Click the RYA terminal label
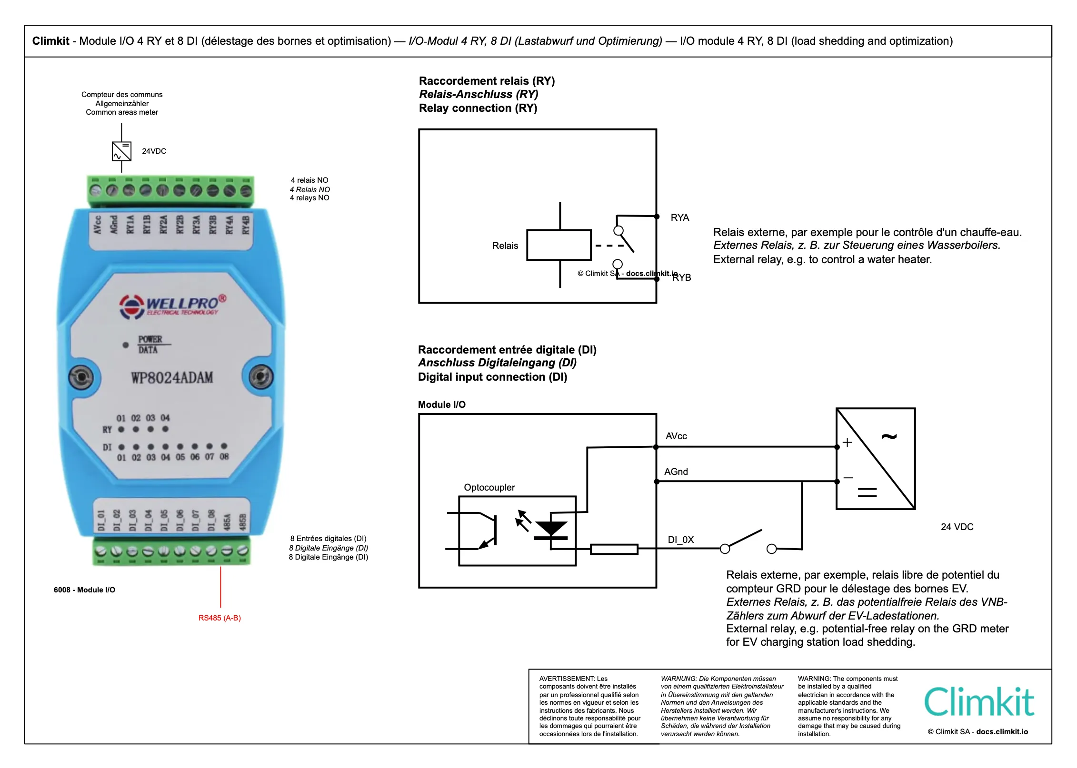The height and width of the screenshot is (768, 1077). click(679, 217)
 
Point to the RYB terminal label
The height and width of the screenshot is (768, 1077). click(682, 277)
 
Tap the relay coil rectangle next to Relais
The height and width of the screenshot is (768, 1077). click(559, 245)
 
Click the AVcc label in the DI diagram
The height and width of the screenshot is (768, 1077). click(676, 436)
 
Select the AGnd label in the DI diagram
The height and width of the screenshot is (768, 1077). click(676, 472)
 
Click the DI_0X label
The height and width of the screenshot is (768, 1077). click(681, 540)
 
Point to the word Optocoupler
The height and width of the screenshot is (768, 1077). click(489, 487)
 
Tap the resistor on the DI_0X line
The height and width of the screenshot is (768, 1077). click(614, 549)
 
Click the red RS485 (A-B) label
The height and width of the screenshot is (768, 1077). click(219, 618)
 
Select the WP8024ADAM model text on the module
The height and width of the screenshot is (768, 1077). click(172, 378)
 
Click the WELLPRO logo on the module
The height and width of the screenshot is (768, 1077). click(172, 305)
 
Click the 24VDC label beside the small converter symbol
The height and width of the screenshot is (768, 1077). click(154, 151)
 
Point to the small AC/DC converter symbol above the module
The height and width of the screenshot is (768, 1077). click(121, 151)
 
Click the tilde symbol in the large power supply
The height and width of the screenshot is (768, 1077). click(889, 436)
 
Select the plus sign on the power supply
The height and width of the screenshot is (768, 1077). click(848, 443)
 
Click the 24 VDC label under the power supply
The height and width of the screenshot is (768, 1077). click(957, 527)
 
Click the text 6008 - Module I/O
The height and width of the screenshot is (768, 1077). click(84, 590)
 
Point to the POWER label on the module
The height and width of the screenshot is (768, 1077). click(150, 339)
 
